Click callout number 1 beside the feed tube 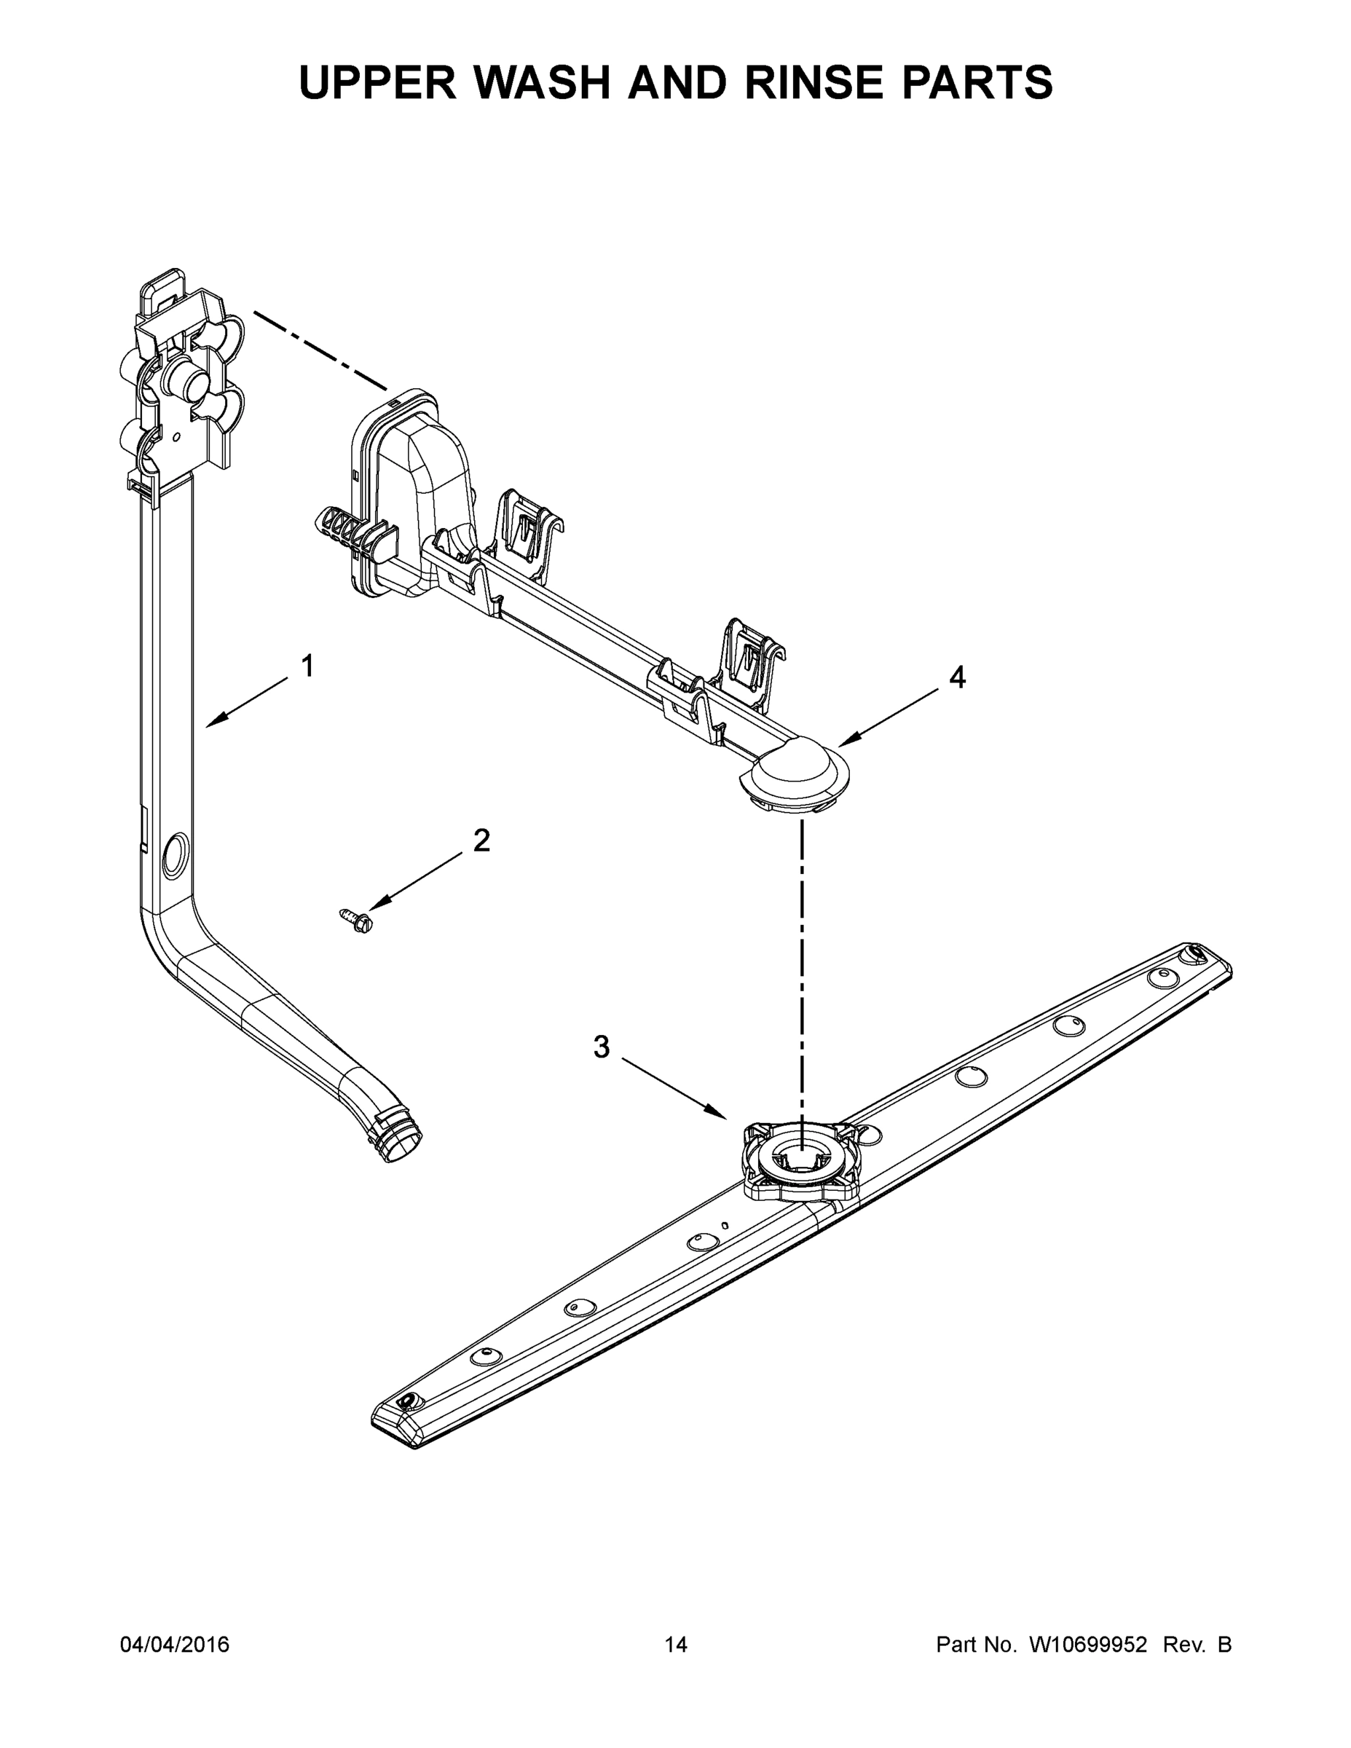[x=307, y=666]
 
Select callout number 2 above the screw [x=481, y=840]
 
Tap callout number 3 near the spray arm [x=601, y=1046]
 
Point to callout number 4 [x=957, y=677]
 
